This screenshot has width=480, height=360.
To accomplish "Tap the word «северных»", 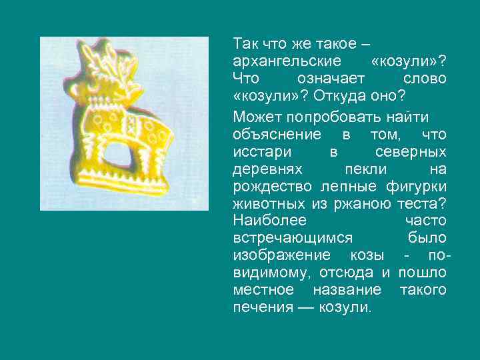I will pyautogui.click(x=410, y=152).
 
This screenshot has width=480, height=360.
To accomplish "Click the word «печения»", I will pyautogui.click(x=263, y=307).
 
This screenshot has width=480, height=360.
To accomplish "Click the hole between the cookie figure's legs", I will pyautogui.click(x=119, y=156).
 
